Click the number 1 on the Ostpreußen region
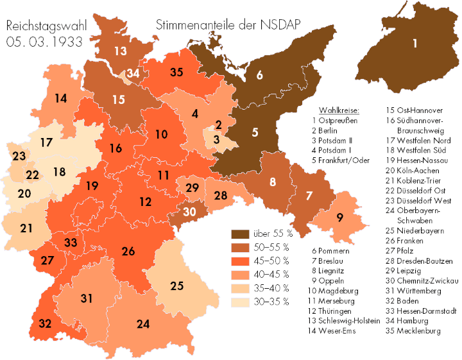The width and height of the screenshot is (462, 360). [415, 44]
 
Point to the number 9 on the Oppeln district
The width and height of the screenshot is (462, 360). [339, 216]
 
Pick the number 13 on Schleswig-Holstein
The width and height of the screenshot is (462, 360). [121, 51]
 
